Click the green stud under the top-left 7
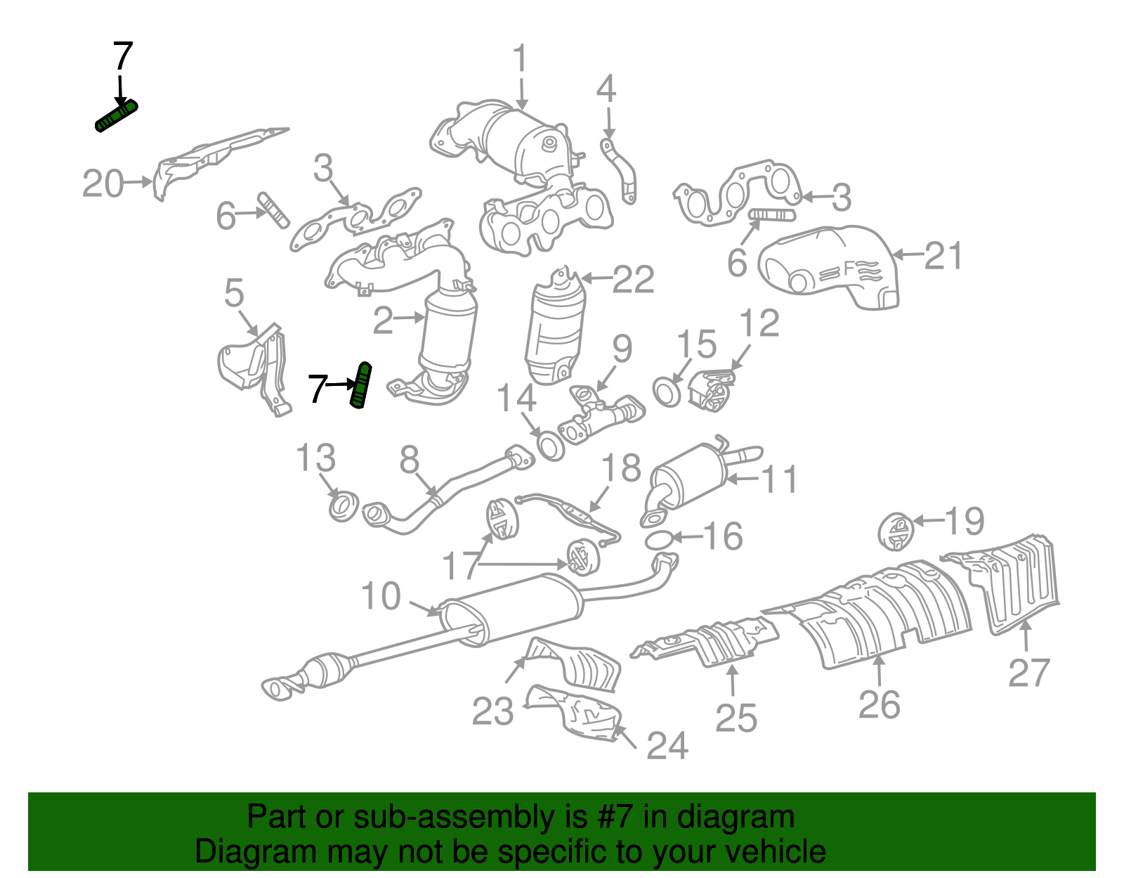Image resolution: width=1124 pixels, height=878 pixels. (116, 116)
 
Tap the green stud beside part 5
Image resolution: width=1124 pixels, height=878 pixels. (360, 386)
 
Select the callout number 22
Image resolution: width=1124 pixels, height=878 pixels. (633, 280)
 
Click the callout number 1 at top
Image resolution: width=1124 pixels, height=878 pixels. (519, 59)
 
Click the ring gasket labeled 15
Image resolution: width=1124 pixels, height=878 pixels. (666, 392)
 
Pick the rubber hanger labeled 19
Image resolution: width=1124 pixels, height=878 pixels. (896, 531)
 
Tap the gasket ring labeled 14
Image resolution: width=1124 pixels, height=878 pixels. (551, 445)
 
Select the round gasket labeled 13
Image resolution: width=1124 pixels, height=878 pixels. (344, 507)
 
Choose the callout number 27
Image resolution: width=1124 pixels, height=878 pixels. (1029, 672)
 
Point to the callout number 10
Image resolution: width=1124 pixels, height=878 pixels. (381, 596)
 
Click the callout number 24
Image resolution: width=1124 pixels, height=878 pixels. (667, 745)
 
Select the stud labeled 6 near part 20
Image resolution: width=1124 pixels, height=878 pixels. (273, 209)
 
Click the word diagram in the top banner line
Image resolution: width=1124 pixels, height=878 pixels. (750, 817)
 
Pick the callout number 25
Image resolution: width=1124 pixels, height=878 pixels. (736, 718)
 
